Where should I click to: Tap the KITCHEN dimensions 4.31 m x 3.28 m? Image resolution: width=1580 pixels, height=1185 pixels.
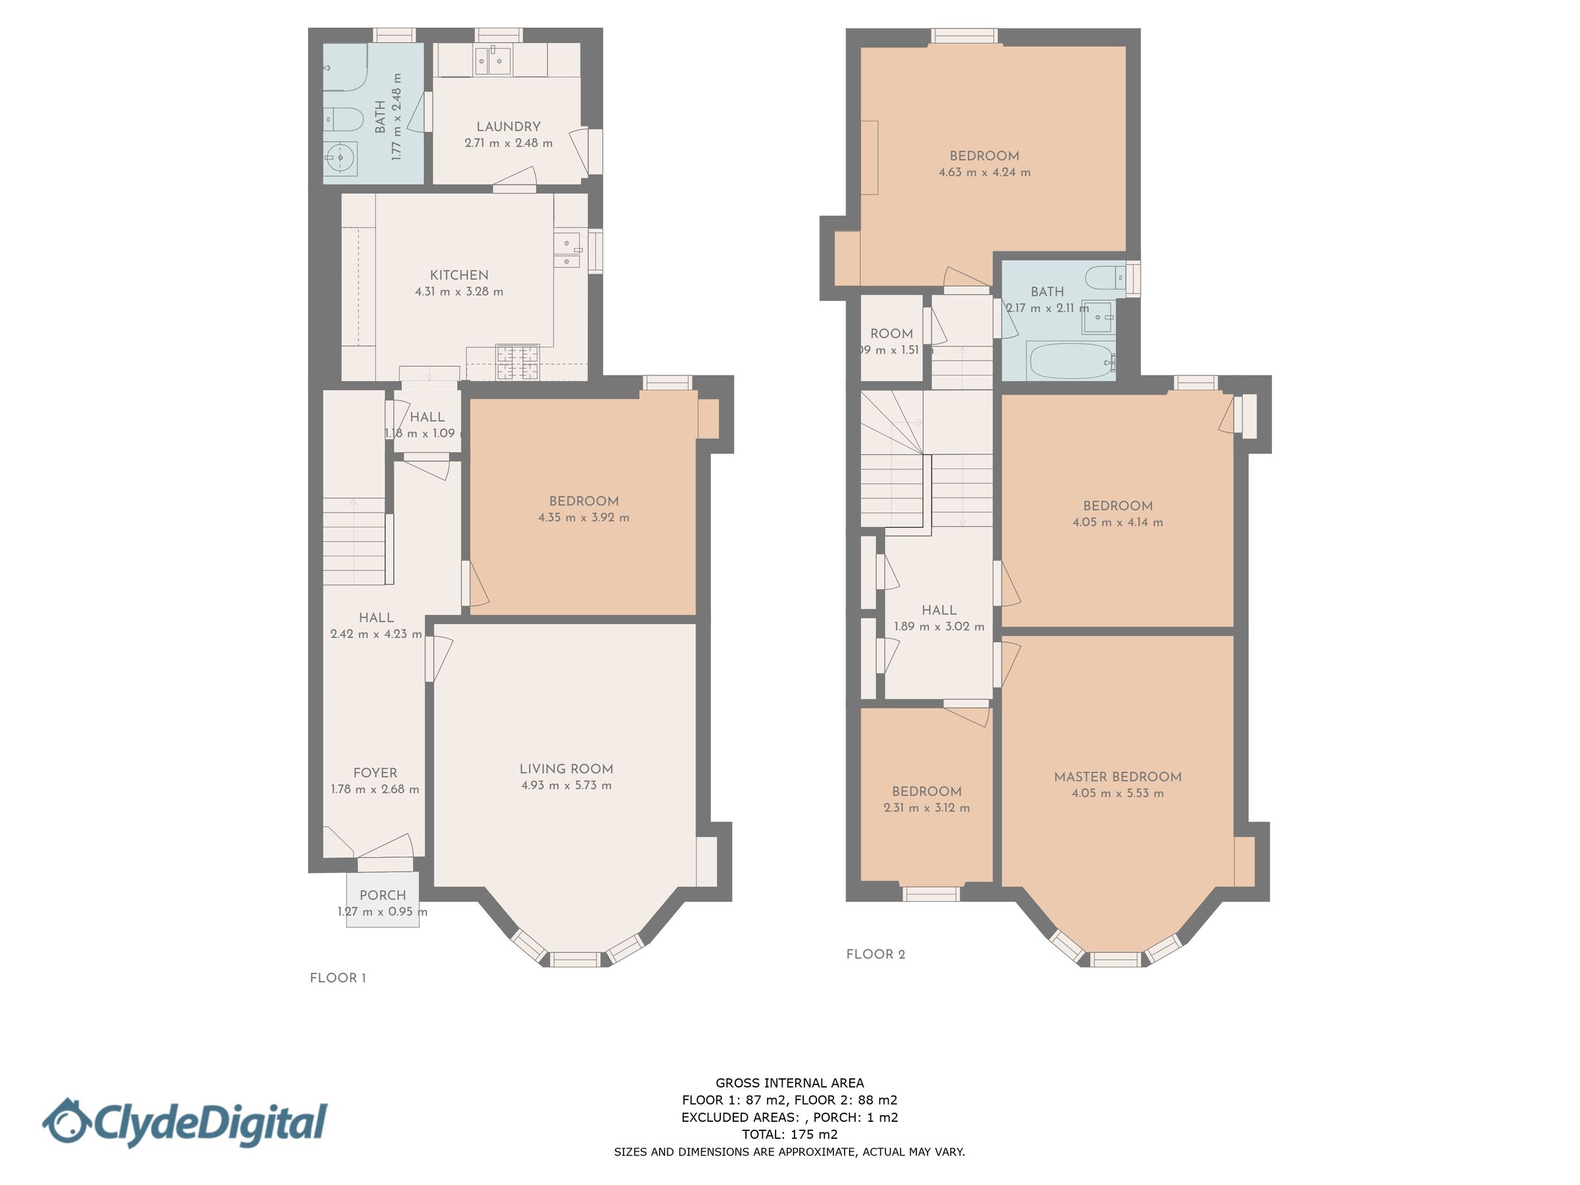(459, 292)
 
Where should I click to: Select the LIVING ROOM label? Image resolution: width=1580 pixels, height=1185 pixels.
(566, 768)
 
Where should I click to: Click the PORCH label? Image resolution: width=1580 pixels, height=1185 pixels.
(382, 895)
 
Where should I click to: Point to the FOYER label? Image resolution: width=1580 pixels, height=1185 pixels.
(375, 773)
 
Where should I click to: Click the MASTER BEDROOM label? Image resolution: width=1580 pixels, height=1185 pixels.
(1117, 776)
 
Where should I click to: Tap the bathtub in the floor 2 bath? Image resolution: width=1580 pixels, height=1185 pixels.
(1069, 361)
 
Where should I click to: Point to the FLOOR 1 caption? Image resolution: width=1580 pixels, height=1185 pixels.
(338, 978)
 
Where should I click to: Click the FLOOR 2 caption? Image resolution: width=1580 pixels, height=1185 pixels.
(875, 955)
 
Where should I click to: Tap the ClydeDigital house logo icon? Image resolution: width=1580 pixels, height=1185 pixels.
(65, 1121)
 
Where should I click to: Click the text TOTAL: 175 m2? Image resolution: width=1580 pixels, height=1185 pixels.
(789, 1134)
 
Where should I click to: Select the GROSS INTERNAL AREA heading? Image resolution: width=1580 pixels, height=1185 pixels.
(789, 1083)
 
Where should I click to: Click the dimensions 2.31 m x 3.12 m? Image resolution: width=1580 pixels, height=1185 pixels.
(926, 808)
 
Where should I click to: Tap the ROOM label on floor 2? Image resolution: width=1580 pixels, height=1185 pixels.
(891, 334)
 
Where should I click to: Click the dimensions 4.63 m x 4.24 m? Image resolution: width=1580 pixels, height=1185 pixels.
(984, 172)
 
